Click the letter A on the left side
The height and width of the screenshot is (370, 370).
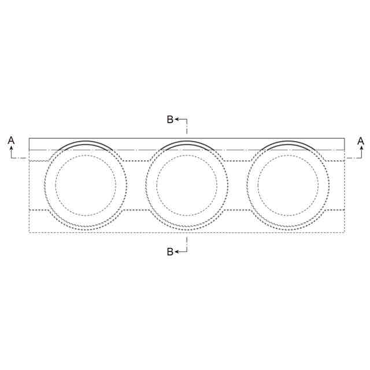tap(11, 140)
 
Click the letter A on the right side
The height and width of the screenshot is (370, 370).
tap(361, 141)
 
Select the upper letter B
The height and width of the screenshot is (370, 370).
tap(170, 120)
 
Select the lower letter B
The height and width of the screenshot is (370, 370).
tap(170, 252)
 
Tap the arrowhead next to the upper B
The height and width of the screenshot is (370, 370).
tap(177, 120)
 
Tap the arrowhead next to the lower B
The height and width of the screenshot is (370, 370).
tap(177, 252)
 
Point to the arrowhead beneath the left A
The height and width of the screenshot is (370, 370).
tap(11, 148)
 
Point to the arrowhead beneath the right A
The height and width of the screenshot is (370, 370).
tap(361, 148)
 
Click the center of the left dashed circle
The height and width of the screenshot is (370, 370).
tap(86, 185)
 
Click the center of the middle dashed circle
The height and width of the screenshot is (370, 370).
tap(187, 185)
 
